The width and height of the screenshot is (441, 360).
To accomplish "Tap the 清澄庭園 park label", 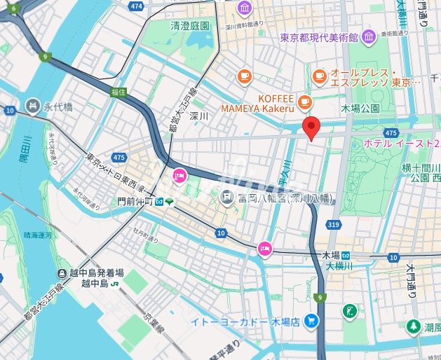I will tap(189, 26).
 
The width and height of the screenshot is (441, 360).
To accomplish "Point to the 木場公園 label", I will tap(360, 109).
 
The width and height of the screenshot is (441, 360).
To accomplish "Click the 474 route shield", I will tap(137, 6).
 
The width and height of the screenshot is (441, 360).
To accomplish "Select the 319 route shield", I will tap(333, 224).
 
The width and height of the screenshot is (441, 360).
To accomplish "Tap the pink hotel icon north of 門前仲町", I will tap(179, 176).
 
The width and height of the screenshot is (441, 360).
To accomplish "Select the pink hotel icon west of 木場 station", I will tap(264, 247).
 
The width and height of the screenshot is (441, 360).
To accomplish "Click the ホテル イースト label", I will tap(402, 143).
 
